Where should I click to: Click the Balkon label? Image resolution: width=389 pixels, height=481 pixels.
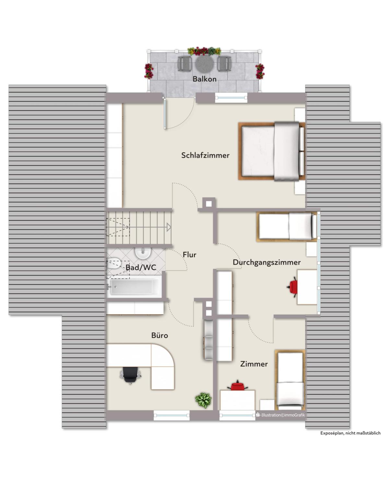[x=205, y=79]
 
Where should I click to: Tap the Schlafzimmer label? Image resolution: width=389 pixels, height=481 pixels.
[x=205, y=155]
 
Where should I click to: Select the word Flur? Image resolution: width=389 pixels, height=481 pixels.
[x=189, y=255]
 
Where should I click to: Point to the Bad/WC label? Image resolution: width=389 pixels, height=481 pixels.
[x=141, y=268]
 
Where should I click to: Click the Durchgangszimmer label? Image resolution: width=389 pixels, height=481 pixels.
[x=266, y=262]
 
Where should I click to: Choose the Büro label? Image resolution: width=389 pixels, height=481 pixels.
[x=159, y=335]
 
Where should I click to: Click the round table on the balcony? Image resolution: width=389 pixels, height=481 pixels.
[x=205, y=64]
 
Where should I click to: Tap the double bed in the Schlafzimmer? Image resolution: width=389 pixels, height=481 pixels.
[x=272, y=151]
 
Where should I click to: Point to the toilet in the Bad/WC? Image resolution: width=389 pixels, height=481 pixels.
[x=113, y=263]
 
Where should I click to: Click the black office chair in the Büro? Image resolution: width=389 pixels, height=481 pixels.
[x=130, y=376]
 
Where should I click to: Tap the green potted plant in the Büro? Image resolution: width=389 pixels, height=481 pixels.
[x=203, y=400]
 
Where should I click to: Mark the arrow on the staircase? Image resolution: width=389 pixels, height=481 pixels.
[x=169, y=227]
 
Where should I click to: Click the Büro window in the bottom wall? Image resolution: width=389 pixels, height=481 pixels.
[x=171, y=415]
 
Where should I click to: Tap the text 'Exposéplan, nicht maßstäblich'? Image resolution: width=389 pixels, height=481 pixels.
[x=350, y=433]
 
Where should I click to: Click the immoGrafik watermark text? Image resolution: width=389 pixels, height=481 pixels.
[x=280, y=415]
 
